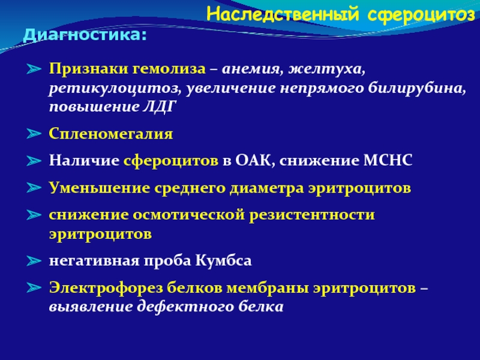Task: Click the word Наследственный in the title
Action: pyautogui.click(x=283, y=14)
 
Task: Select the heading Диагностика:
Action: pyautogui.click(x=85, y=35)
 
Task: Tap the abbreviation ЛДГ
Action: pyautogui.click(x=160, y=107)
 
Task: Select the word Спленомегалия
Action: pyautogui.click(x=111, y=134)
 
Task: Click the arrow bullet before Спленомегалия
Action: pyautogui.click(x=34, y=133)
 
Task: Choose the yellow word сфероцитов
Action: pyautogui.click(x=171, y=161)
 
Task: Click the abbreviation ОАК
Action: pyautogui.click(x=253, y=160)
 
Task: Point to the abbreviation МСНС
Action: pyautogui.click(x=388, y=160)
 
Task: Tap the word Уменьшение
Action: pyautogui.click(x=100, y=188)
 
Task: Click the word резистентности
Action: pyautogui.click(x=311, y=215)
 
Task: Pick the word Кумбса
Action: pyautogui.click(x=223, y=261)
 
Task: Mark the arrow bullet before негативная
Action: pyautogui.click(x=34, y=261)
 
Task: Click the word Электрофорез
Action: pyautogui.click(x=106, y=288)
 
